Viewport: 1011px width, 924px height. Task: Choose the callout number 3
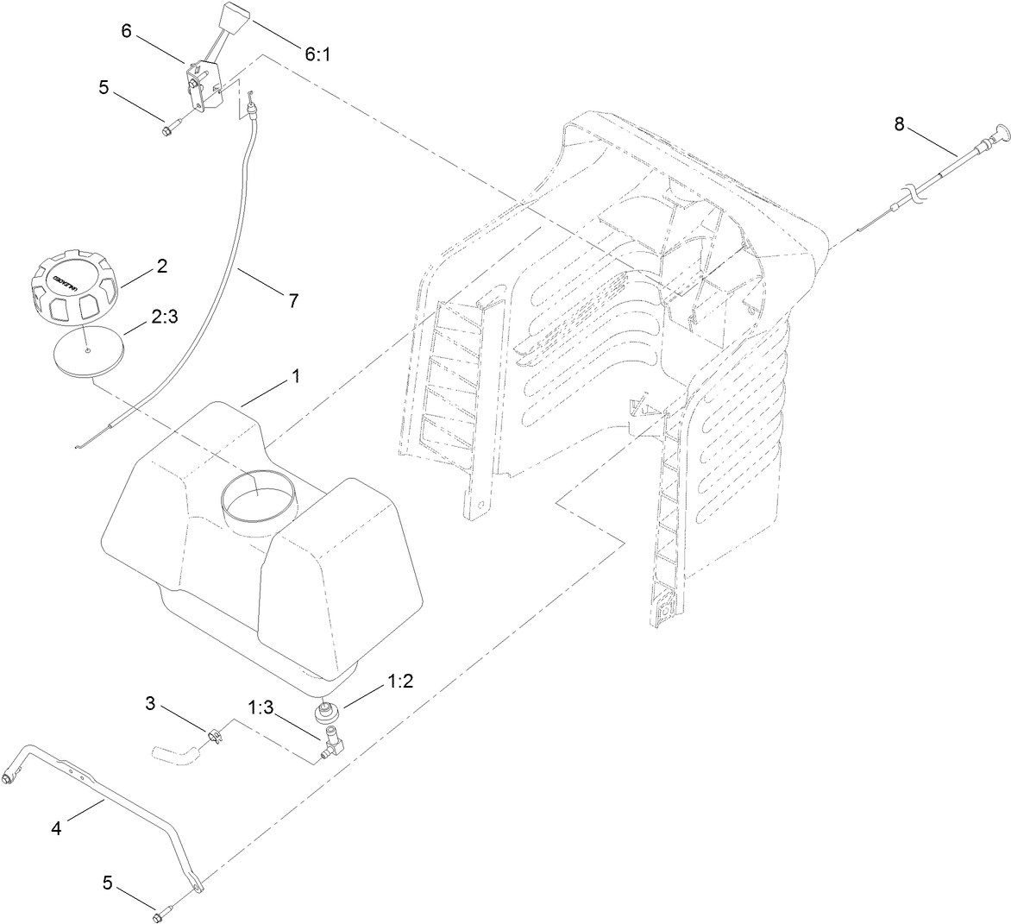[x=150, y=705]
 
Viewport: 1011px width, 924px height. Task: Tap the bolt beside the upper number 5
[x=167, y=130]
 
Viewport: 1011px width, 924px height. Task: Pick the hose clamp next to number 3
[x=214, y=736]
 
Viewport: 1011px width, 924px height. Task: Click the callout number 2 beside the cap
[x=160, y=267]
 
